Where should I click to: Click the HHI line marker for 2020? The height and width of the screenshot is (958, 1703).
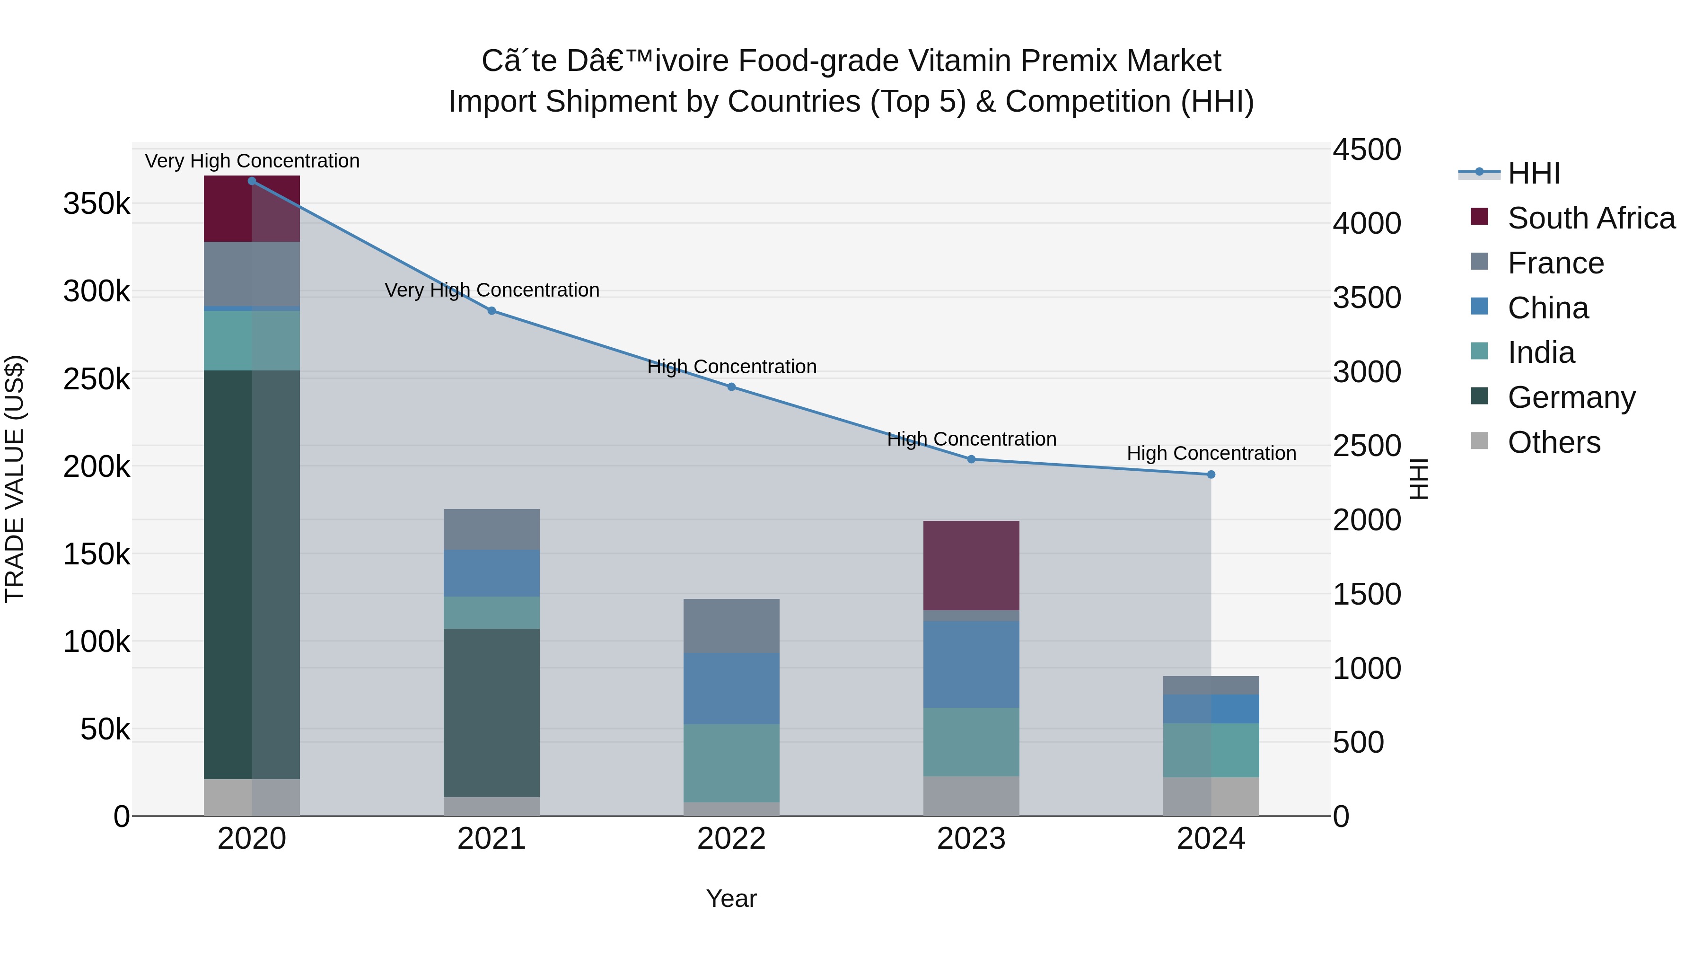pos(252,181)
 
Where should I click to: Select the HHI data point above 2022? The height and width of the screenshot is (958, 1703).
pos(731,387)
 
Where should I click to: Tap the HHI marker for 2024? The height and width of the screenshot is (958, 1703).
pos(1211,475)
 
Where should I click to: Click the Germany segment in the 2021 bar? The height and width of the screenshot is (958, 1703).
pos(491,713)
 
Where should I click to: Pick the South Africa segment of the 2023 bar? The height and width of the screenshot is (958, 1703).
pos(971,566)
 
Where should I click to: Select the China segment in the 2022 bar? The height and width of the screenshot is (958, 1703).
pos(731,689)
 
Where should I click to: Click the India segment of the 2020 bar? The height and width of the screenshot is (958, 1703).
pos(252,341)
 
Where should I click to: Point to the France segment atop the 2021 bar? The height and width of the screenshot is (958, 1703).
pos(491,529)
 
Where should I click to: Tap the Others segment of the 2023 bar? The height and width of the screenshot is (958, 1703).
pos(971,796)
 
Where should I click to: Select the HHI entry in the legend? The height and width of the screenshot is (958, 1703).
pos(1534,173)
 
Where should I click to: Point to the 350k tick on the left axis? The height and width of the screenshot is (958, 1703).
pos(97,203)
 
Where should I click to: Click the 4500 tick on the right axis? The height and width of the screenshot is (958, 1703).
pos(1366,149)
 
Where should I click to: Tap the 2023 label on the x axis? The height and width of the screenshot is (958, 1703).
pos(971,839)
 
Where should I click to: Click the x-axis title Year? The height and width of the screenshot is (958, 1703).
pos(731,898)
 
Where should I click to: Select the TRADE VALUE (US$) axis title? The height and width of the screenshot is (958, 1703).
pos(15,479)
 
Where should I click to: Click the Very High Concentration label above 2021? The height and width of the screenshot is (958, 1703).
pos(492,290)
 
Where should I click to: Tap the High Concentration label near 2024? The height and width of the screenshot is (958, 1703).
pos(1211,454)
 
